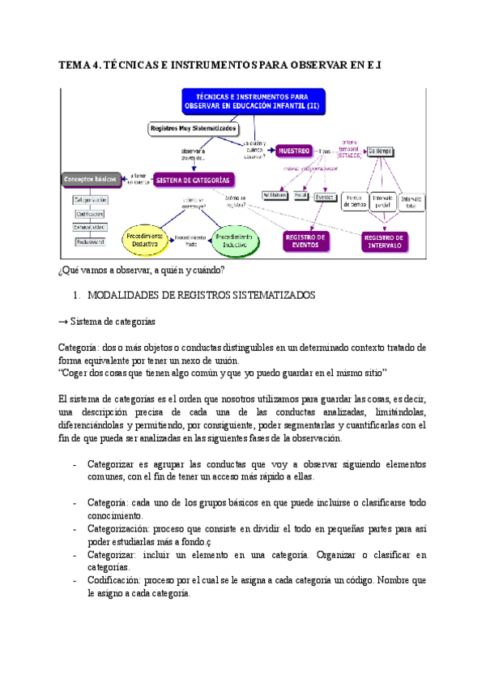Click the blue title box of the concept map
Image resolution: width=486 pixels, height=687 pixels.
pos(258,102)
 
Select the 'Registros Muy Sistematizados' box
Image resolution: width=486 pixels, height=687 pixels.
pos(192,128)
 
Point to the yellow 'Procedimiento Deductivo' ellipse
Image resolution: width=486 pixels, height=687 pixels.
pos(143,238)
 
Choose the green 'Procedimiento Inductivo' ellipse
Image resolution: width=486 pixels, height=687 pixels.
pos(235,238)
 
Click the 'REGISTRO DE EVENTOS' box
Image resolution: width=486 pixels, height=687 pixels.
pos(305,240)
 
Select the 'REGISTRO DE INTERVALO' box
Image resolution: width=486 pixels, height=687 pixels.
pos(386,240)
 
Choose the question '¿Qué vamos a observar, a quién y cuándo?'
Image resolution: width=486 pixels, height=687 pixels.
pos(143,269)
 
